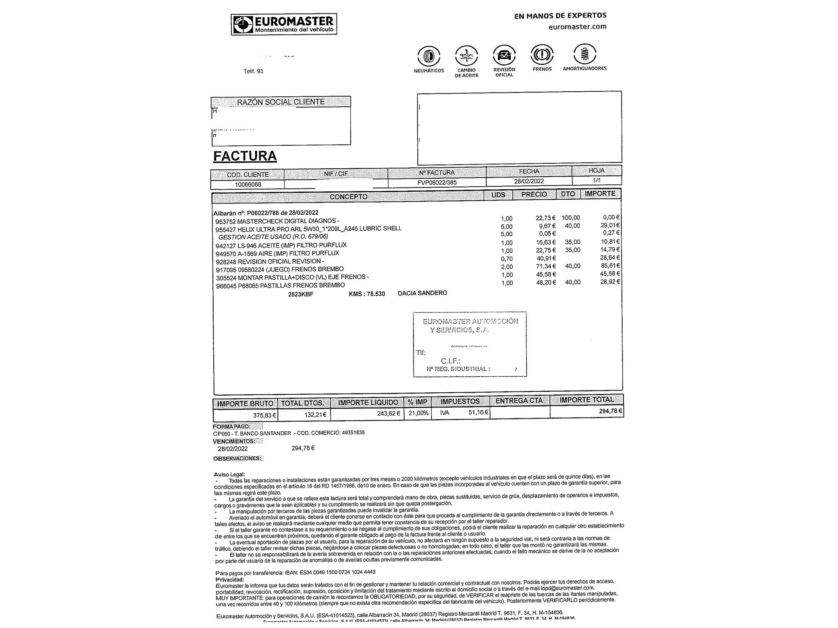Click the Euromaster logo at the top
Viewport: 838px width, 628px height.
coord(284,24)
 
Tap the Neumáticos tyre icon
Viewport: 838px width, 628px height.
coord(429,56)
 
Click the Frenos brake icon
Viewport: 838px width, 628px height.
coord(542,54)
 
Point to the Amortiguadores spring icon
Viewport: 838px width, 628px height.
coord(585,54)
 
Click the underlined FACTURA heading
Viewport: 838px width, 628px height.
coord(245,156)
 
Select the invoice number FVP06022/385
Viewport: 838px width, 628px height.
coord(437,183)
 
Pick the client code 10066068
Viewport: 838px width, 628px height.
coord(248,185)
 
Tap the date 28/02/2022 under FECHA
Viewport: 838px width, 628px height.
coord(529,181)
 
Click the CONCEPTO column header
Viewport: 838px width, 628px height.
coord(348,197)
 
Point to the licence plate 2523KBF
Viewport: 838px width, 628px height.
coord(300,294)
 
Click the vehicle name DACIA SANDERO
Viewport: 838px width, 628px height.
coord(422,293)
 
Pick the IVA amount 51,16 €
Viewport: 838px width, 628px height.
coord(478,412)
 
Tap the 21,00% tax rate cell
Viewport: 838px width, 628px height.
coord(418,413)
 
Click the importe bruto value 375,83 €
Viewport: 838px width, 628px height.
coord(264,415)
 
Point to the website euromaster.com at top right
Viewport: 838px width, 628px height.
coord(577,27)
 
